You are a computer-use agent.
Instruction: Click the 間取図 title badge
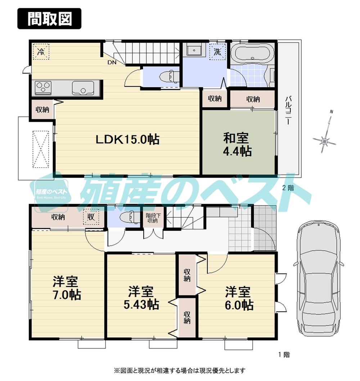(x=49, y=18)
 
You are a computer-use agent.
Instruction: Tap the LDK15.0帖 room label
(x=127, y=139)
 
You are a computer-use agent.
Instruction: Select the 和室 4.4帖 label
(x=237, y=145)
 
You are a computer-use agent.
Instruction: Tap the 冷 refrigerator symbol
(x=40, y=51)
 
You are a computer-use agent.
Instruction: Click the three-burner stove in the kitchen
(x=43, y=88)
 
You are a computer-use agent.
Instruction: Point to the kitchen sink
(x=83, y=88)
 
